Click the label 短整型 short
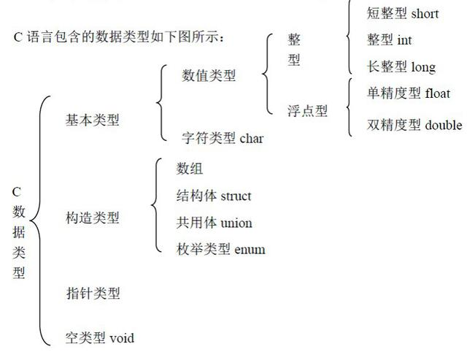pos(403,14)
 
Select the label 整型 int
pos(390,41)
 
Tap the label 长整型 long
pos(401,68)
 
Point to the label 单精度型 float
pos(409,94)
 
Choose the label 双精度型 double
pos(414,125)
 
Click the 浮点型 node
pos(307,111)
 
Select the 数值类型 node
pos(209,74)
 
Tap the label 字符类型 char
pos(222,137)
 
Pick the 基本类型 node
pos(92,120)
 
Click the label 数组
pos(190,169)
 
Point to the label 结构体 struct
pos(213,196)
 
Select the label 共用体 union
pos(214,223)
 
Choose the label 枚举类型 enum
pos(220,250)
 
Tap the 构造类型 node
pos(92,218)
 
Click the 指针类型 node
pos(92,294)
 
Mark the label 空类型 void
pos(99,337)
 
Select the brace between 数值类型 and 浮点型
pos(267,73)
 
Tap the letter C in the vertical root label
pos(17,192)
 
